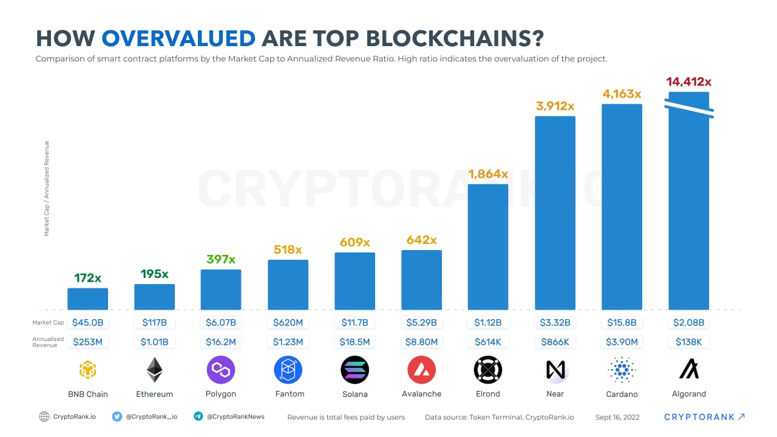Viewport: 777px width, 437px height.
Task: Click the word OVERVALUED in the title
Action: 178,38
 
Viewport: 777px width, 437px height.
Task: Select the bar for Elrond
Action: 488,246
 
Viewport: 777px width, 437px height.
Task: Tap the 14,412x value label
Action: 688,81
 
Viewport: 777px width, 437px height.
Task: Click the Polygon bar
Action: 221,290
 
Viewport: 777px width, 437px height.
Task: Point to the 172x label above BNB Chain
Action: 87,278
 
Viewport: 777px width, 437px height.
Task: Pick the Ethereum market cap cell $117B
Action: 154,322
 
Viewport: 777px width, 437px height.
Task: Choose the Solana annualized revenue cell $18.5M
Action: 355,342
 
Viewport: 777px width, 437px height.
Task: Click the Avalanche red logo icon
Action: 421,370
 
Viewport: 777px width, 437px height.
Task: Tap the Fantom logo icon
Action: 288,370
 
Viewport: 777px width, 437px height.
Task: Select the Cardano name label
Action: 622,394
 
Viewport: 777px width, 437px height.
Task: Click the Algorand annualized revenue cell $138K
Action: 688,342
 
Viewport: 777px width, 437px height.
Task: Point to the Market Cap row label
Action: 49,323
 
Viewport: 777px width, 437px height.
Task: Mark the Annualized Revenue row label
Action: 48,342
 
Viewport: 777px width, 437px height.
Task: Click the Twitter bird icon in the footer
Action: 117,416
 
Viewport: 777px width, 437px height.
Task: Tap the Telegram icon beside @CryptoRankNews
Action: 198,416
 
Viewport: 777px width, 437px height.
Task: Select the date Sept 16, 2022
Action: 617,417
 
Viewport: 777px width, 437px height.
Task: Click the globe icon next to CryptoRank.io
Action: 44,416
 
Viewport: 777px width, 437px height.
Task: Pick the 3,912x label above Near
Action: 555,106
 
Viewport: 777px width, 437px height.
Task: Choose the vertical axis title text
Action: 47,188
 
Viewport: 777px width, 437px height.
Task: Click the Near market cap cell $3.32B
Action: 555,322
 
